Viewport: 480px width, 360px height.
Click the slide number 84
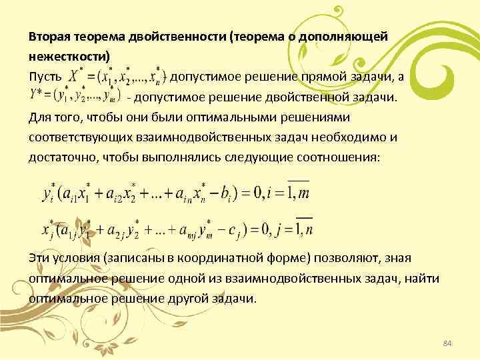tap(447, 343)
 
